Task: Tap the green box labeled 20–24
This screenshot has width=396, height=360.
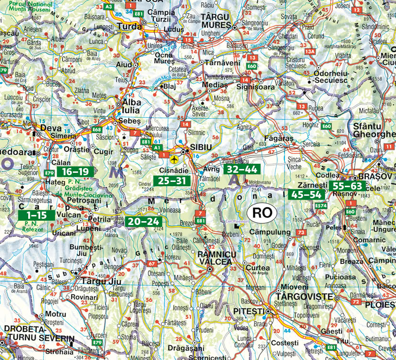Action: (143, 221)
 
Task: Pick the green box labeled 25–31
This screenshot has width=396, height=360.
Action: (171, 180)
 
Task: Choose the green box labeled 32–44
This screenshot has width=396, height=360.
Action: (241, 169)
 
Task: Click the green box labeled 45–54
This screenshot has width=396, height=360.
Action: (307, 194)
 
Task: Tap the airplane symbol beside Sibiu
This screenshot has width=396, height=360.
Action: (173, 158)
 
